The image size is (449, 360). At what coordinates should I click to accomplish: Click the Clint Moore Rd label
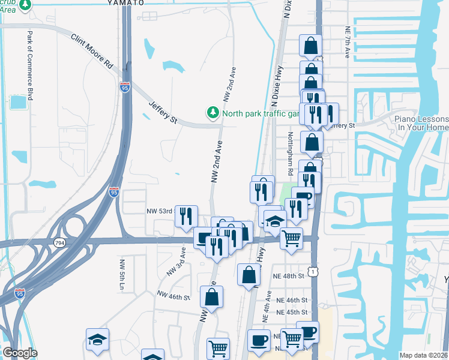click(x=92, y=50)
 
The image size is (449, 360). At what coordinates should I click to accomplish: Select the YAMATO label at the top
click(x=126, y=2)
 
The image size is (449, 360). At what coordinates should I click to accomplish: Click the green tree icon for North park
click(x=212, y=112)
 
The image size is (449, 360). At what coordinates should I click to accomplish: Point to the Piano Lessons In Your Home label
click(x=421, y=124)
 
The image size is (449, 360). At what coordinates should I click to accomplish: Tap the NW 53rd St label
click(x=160, y=211)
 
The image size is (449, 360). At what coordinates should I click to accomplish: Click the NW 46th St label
click(x=173, y=295)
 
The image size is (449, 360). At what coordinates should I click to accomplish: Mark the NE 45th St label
click(x=292, y=312)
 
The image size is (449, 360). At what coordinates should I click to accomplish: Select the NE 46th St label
click(x=292, y=300)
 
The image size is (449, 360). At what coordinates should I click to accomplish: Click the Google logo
click(x=20, y=353)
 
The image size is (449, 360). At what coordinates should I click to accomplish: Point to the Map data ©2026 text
click(x=423, y=355)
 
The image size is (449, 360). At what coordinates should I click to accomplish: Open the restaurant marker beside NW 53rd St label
click(x=187, y=215)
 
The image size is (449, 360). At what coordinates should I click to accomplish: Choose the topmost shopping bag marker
click(x=310, y=45)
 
